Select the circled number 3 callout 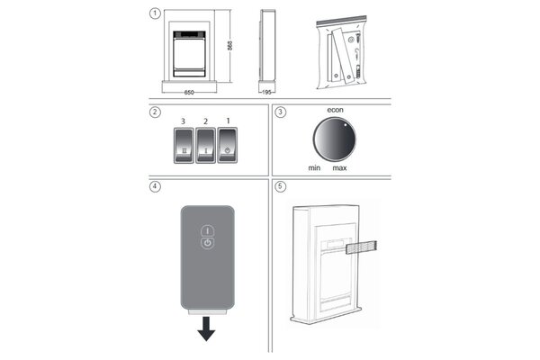[280, 112]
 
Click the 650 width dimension [190, 92]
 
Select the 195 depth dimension [267, 92]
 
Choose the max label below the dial [339, 168]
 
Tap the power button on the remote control [207, 242]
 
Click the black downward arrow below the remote [207, 331]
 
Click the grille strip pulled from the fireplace [360, 245]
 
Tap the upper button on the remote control [207, 229]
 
